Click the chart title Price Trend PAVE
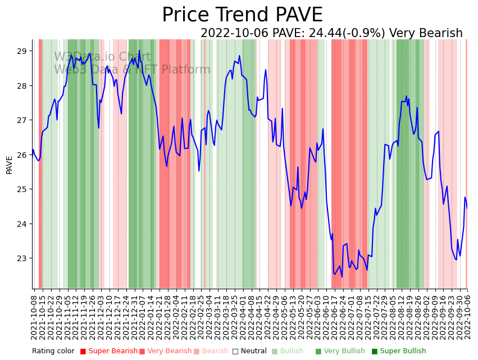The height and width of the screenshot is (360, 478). (242, 15)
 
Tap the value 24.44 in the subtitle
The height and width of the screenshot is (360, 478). (320, 34)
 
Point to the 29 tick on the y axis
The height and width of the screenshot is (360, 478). (22, 51)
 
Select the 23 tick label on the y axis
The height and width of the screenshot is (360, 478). (22, 258)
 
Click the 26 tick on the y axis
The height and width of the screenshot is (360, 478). (22, 155)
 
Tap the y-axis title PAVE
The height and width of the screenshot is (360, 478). (10, 165)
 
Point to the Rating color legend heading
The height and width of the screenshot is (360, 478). (53, 351)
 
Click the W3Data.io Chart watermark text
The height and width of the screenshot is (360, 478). (102, 57)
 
